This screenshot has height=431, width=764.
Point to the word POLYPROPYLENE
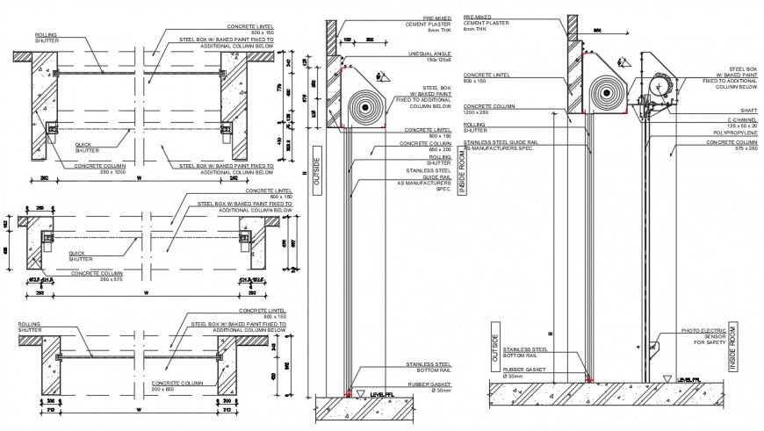[734, 134]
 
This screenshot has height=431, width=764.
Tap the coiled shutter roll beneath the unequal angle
[363, 108]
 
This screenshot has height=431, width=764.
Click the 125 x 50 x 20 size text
[737, 127]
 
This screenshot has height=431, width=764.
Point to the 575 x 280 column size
[742, 149]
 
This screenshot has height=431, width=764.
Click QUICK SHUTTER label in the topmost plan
[87, 148]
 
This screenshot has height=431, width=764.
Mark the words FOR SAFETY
[711, 343]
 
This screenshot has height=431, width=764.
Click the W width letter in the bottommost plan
[138, 409]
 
